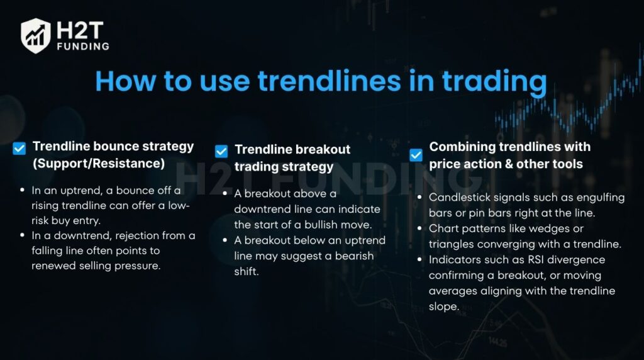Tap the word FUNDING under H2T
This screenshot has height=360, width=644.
tap(82, 46)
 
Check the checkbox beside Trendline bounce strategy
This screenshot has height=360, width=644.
tap(19, 149)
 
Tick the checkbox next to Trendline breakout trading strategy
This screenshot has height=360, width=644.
tap(221, 151)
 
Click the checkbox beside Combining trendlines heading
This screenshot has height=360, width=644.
tap(416, 155)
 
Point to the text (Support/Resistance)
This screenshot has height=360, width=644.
tap(99, 164)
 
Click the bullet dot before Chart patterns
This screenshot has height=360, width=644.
tap(420, 228)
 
